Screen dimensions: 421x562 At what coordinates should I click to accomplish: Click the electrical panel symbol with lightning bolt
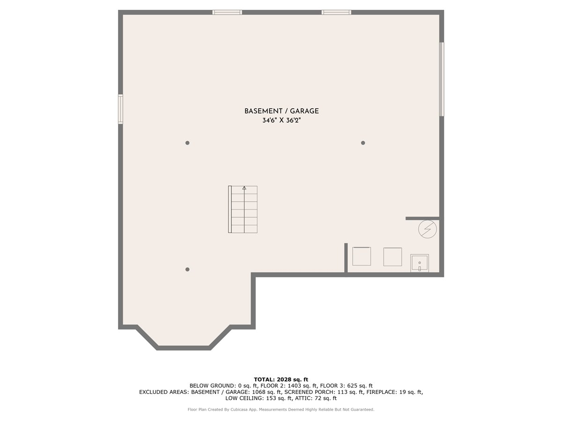point(427,229)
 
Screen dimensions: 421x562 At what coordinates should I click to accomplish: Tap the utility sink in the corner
point(420,263)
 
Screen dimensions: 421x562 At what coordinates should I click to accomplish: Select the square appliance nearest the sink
point(392,257)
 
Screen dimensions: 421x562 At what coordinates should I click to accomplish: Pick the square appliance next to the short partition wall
point(362,256)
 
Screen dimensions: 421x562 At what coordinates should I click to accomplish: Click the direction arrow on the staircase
point(244,188)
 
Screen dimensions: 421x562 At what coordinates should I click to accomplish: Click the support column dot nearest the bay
point(187,269)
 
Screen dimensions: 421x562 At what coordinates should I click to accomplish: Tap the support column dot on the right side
point(363,143)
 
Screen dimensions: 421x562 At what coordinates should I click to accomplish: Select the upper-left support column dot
point(187,143)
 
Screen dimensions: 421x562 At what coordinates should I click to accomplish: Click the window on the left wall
point(120,109)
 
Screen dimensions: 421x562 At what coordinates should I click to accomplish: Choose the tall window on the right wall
point(441,79)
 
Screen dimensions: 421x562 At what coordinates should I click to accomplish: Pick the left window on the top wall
point(227,12)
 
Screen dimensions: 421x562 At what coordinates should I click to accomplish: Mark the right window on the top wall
point(336,12)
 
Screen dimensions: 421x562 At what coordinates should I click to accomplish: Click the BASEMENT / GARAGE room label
point(281,111)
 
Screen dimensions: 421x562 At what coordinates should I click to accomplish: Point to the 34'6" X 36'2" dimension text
point(281,120)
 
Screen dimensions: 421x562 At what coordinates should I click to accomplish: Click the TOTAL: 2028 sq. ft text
point(281,379)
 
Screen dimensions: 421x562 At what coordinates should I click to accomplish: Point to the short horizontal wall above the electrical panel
point(422,218)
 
